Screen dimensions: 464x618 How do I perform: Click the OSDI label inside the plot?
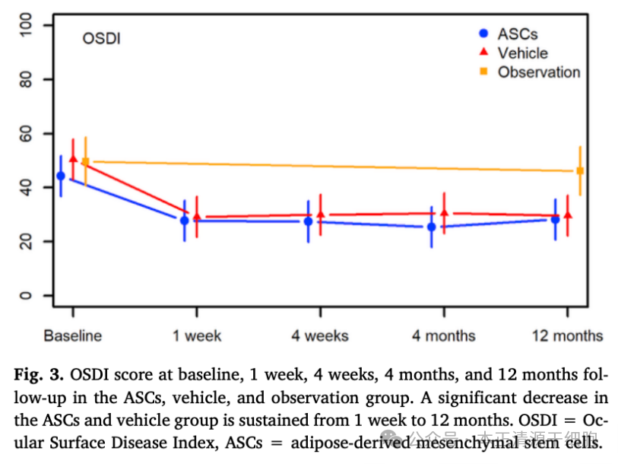(x=101, y=38)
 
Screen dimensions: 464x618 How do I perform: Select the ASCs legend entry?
(x=517, y=33)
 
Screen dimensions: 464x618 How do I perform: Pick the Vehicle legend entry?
(x=522, y=52)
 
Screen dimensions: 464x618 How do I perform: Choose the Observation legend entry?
(x=538, y=72)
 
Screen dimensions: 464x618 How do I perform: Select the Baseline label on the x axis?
(x=72, y=335)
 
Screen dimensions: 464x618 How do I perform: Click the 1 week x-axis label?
(x=197, y=335)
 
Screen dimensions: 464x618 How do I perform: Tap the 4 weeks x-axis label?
(x=320, y=335)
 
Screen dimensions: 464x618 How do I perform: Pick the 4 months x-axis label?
(x=444, y=335)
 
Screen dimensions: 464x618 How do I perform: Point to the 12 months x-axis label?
(x=567, y=335)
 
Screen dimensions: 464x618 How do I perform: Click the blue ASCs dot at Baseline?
(x=61, y=176)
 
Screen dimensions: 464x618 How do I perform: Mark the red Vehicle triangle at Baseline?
(x=73, y=158)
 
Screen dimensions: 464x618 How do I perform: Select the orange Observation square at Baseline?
(x=85, y=161)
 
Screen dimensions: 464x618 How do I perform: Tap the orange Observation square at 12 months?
(x=580, y=171)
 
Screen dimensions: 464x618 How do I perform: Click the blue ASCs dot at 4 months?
(x=432, y=227)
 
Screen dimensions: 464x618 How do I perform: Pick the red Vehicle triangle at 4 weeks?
(x=320, y=215)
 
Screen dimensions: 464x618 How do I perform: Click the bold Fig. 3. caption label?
(x=40, y=375)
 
